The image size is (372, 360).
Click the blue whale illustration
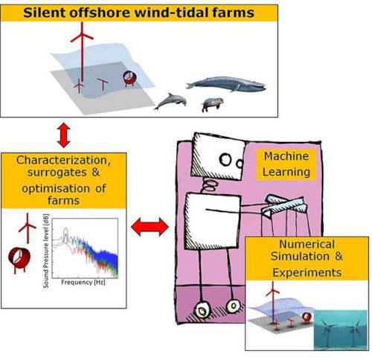[x=225, y=84]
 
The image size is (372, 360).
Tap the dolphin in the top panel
[x=170, y=101]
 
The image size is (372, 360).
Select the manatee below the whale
[x=212, y=104]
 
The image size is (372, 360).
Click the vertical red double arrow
[x=64, y=135]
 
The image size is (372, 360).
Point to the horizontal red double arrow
[x=150, y=227]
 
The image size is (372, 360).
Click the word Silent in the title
[x=44, y=13]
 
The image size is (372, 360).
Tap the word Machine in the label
[x=286, y=156]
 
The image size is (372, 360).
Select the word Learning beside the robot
[x=286, y=172]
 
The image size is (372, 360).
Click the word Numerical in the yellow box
[x=307, y=244]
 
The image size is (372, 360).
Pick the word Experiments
[x=307, y=273]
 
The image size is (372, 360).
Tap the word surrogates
[x=57, y=173]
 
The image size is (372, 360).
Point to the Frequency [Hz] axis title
[x=83, y=283]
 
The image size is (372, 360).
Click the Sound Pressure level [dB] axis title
[x=46, y=251]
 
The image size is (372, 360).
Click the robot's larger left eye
[x=225, y=159]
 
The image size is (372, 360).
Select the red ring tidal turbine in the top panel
[x=130, y=78]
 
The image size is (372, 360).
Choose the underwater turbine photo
[x=340, y=330]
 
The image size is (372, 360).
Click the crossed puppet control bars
[x=284, y=205]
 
